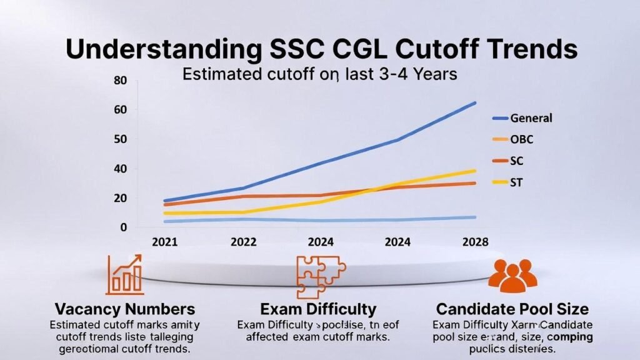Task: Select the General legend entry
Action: [x=531, y=117]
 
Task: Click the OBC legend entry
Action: [x=522, y=139]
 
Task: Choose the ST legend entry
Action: [x=517, y=182]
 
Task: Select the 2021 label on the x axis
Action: [x=164, y=242]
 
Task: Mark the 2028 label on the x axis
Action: [x=474, y=242]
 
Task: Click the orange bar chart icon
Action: [x=124, y=274]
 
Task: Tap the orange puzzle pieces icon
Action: [x=319, y=276]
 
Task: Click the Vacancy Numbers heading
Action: [x=124, y=309]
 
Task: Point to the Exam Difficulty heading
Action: [x=319, y=309]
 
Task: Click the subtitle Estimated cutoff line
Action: [x=319, y=74]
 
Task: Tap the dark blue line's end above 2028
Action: [x=475, y=103]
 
